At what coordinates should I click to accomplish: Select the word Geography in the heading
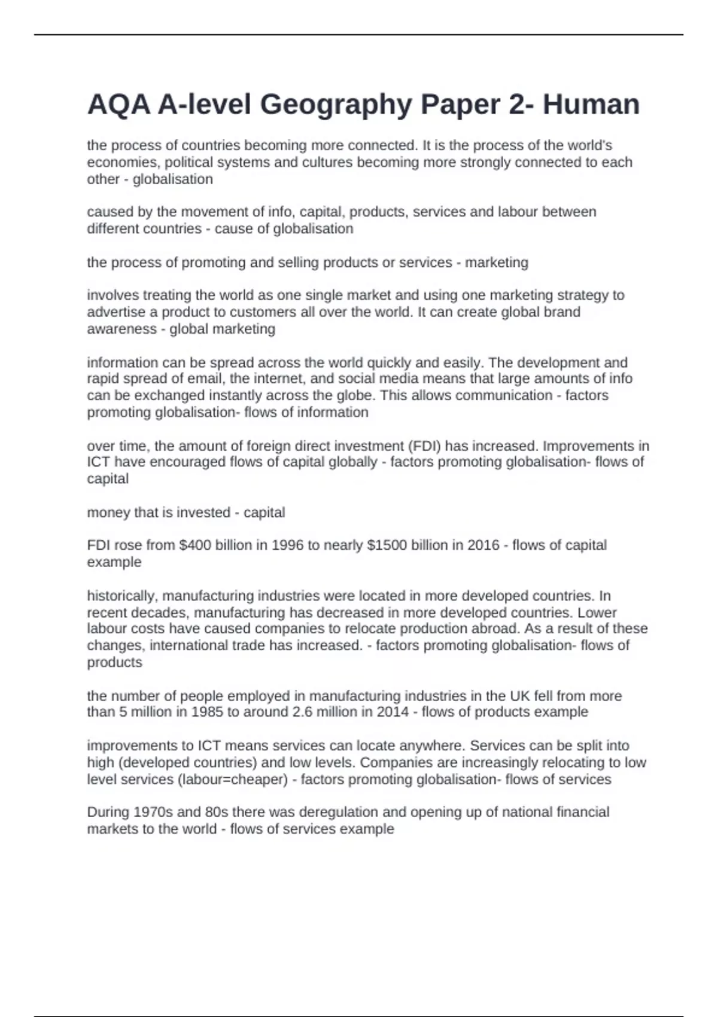pos(336,105)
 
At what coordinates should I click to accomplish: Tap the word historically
pos(122,596)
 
